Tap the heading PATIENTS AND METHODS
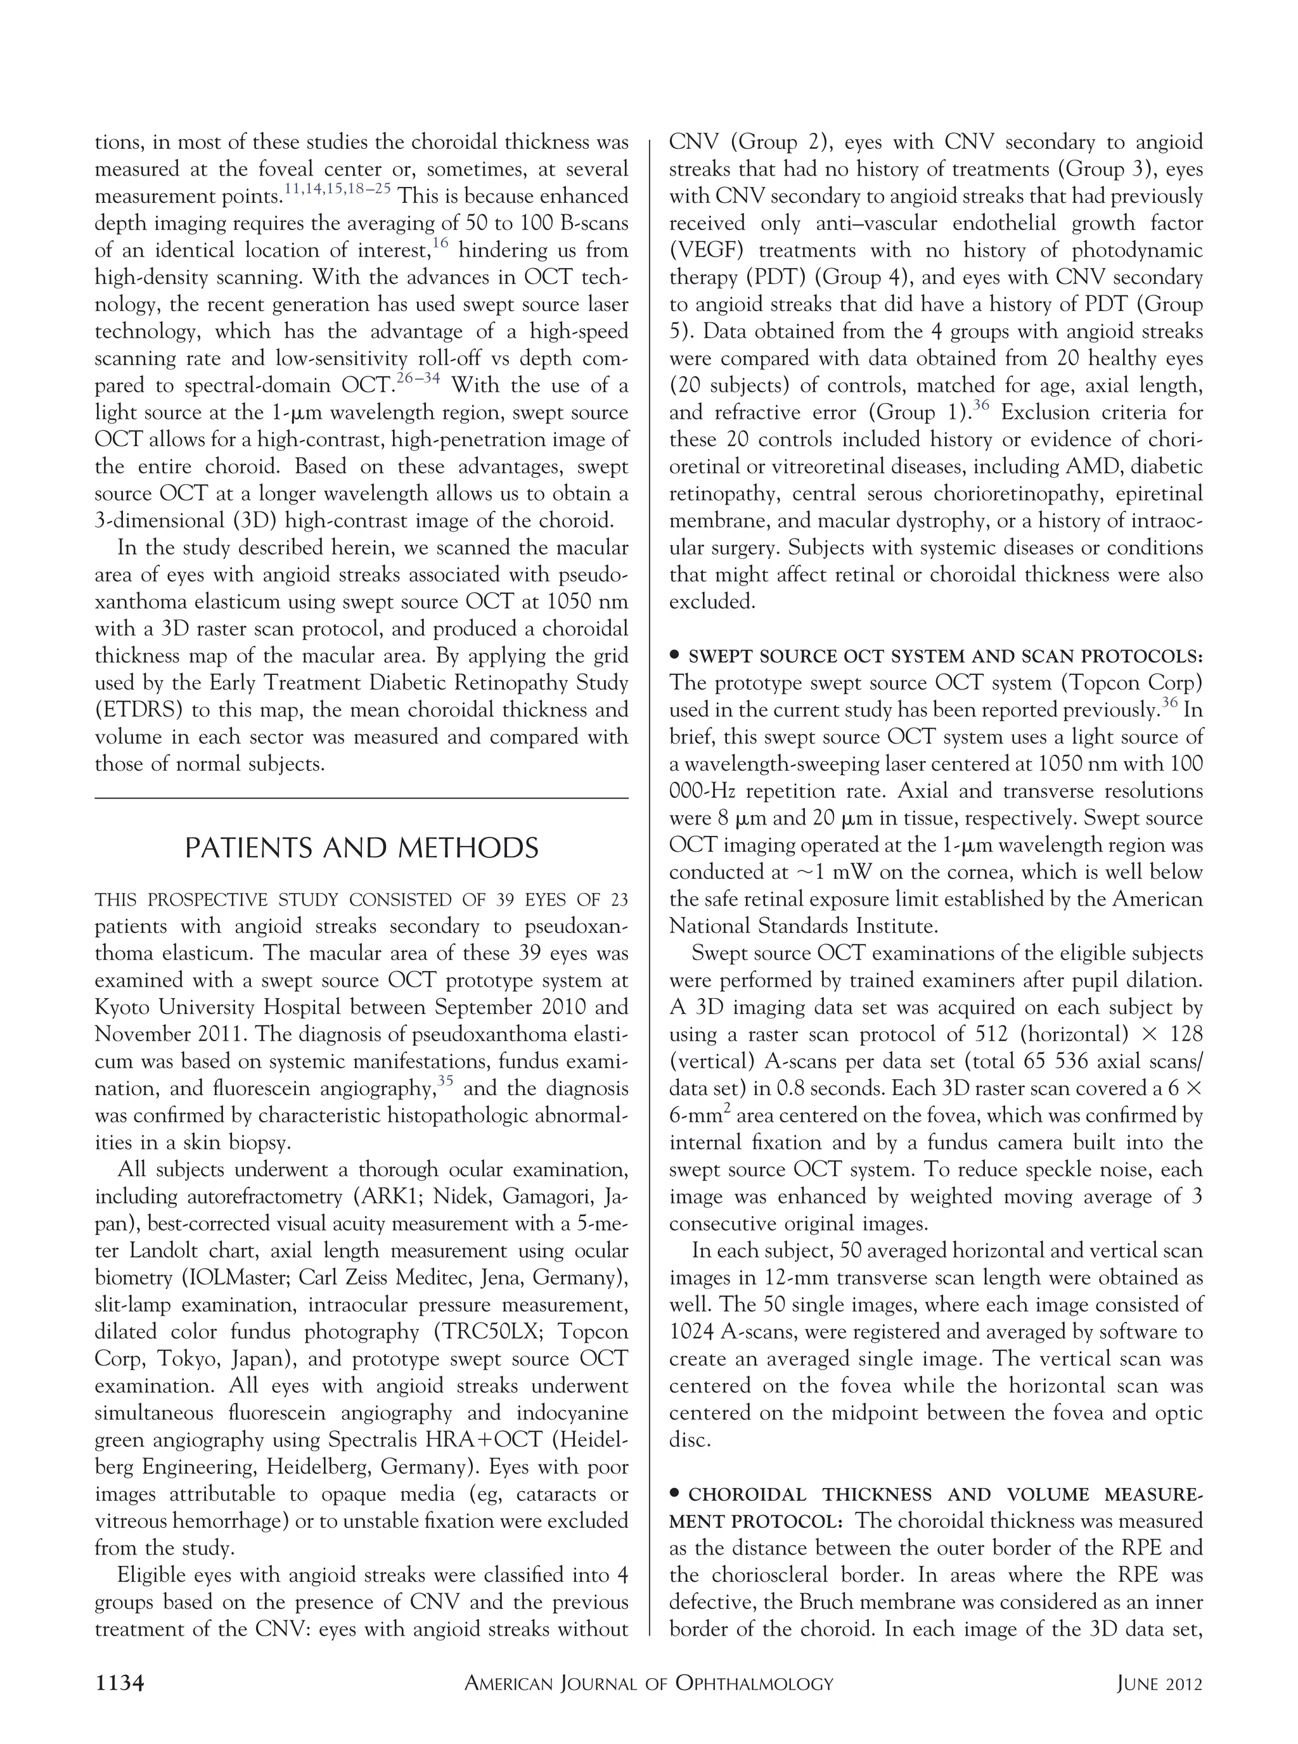tap(361, 849)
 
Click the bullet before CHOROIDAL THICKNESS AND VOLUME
tap(675, 1494)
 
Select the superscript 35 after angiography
tap(446, 1081)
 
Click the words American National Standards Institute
tap(935, 913)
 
